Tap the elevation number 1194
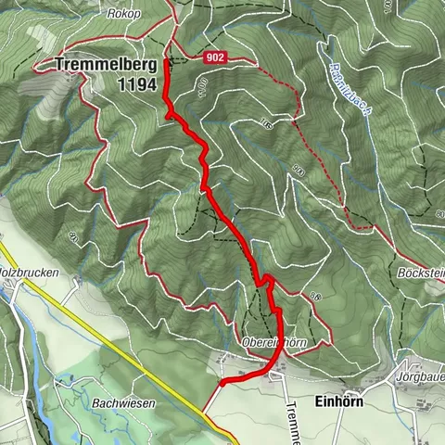coord(133,84)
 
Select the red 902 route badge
coord(215,57)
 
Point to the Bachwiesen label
coord(123,404)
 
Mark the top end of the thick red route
coord(166,61)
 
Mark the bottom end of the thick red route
coord(222,381)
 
